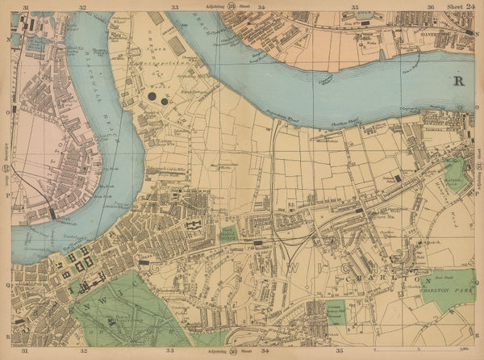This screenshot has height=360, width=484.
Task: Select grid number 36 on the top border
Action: click(432, 6)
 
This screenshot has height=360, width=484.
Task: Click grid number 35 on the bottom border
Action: click(340, 353)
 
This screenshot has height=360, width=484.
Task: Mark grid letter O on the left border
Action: click(7, 113)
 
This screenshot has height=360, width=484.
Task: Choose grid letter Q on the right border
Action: click(476, 282)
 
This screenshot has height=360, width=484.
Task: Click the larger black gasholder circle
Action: click(152, 98)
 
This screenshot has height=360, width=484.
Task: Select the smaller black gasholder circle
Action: click(165, 102)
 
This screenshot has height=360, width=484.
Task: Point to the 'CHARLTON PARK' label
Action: click(447, 283)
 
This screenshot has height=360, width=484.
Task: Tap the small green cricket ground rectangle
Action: click(228, 233)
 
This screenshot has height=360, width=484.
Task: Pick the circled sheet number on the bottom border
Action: click(234, 353)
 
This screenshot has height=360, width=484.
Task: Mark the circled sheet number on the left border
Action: click(7, 169)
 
